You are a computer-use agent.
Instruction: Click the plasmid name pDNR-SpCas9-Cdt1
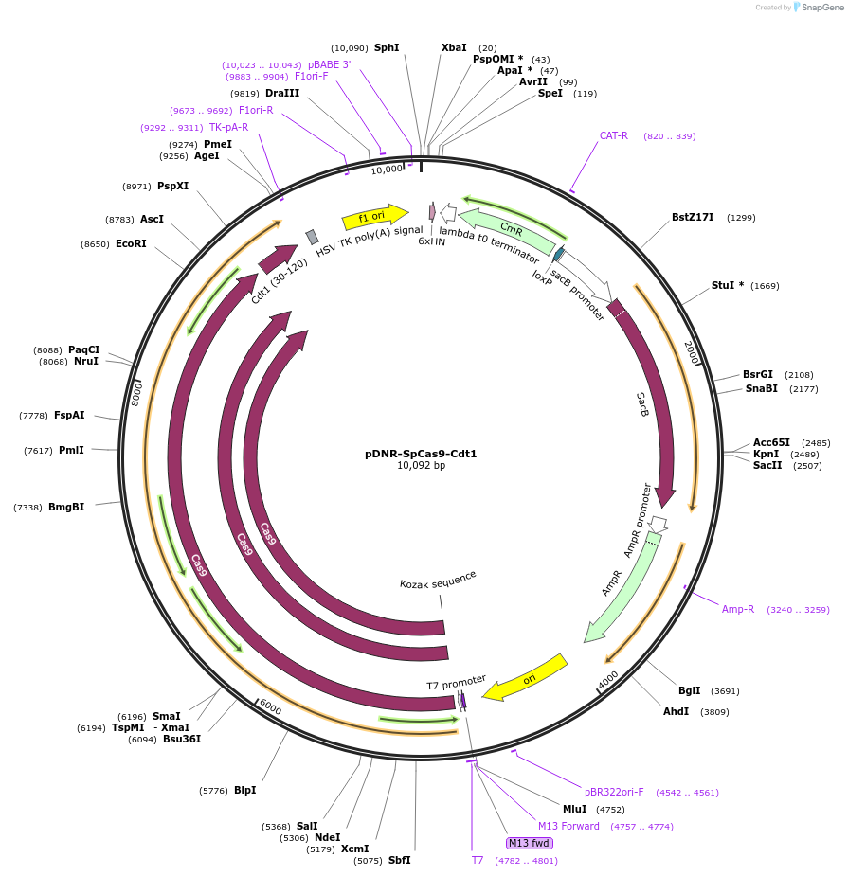(421, 454)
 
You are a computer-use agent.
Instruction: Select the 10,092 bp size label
(421, 466)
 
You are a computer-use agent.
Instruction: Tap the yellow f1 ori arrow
(373, 217)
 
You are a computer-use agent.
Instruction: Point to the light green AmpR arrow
(621, 586)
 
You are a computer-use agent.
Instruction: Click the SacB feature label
(643, 404)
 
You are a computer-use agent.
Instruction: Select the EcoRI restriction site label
(131, 244)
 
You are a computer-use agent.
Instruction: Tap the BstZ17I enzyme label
(695, 218)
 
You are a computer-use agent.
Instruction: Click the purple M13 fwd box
(529, 843)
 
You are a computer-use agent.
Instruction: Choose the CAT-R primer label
(614, 136)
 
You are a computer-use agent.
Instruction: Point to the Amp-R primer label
(738, 610)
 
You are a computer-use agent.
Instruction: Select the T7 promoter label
(456, 682)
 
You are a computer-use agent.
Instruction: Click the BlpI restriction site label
(244, 790)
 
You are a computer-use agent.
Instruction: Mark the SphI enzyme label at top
(387, 47)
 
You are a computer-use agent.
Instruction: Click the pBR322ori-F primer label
(614, 792)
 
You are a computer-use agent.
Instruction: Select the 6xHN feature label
(432, 241)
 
